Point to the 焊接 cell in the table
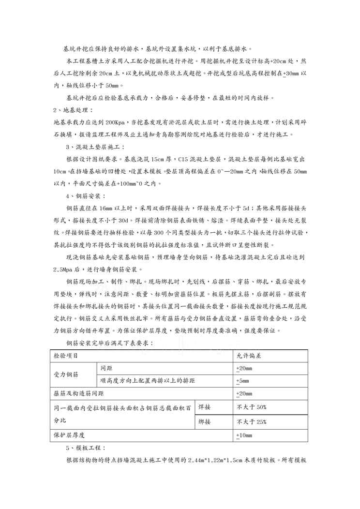[x=205, y=406]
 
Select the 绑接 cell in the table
[x=205, y=421]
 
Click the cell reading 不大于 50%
[x=252, y=406]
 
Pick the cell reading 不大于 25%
[x=252, y=421]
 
